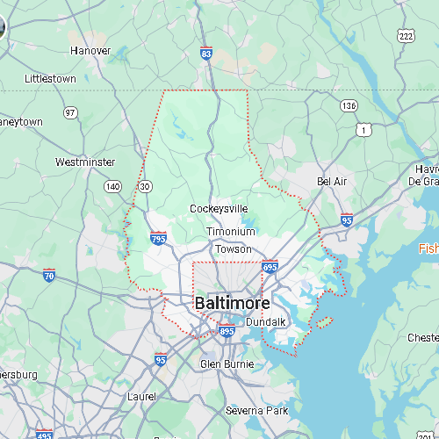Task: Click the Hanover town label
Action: point(90,50)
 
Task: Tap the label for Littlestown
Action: point(50,78)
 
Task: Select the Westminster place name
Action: point(84,162)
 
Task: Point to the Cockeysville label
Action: point(219,208)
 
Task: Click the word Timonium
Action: point(231,232)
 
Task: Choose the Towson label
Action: point(234,248)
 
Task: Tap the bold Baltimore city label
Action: point(232,303)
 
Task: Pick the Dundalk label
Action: point(266,322)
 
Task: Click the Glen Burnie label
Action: point(227,363)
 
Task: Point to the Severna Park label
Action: point(256,410)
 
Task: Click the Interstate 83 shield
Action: point(205,54)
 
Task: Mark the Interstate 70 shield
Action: point(49,275)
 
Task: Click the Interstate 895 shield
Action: point(227,331)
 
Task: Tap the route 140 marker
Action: point(112,186)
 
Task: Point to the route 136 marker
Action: point(349,105)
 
